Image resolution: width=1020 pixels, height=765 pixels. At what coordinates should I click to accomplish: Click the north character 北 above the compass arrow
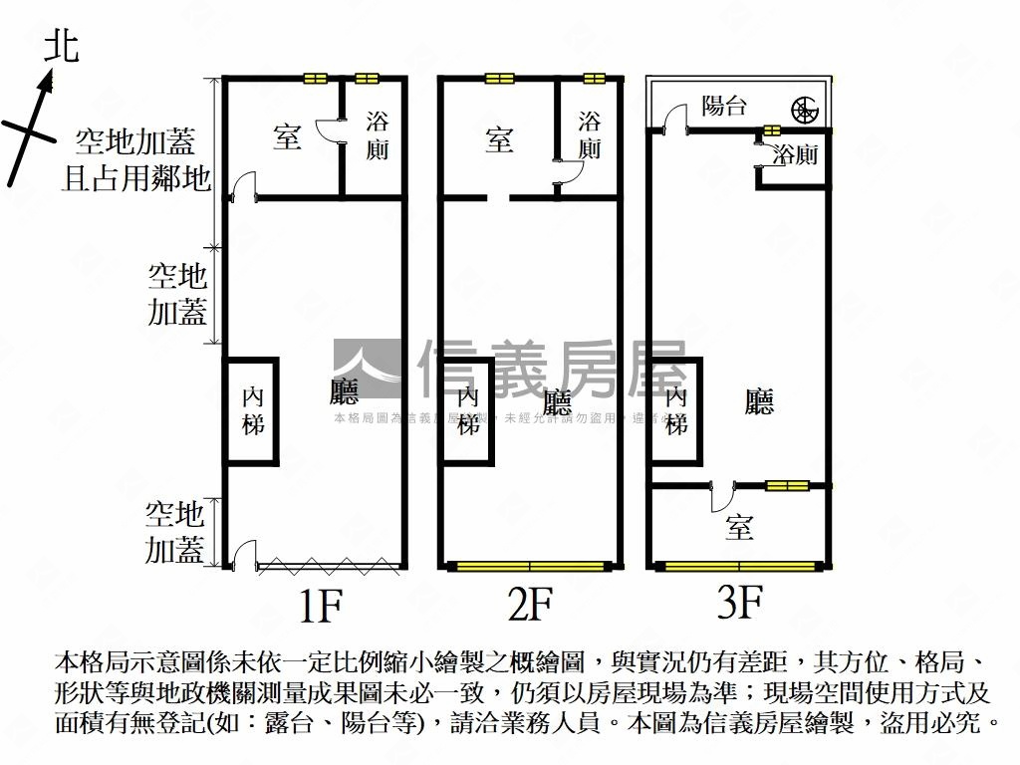(x=61, y=46)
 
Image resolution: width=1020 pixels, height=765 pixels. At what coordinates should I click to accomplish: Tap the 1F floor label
(x=320, y=605)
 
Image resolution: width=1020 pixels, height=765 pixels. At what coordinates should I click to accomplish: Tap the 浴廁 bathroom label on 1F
(x=378, y=136)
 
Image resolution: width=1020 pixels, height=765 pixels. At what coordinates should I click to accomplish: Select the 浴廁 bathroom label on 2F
(x=590, y=135)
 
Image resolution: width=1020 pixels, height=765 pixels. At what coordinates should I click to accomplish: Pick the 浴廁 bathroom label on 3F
(x=797, y=155)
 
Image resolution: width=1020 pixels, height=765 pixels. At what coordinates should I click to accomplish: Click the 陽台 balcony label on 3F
(x=724, y=106)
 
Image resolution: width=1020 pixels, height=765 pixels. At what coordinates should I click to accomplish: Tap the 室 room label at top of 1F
(x=287, y=137)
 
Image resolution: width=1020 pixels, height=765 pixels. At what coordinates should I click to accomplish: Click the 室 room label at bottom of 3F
(x=738, y=527)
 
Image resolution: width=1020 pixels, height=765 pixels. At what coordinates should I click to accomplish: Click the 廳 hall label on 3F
(x=759, y=401)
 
